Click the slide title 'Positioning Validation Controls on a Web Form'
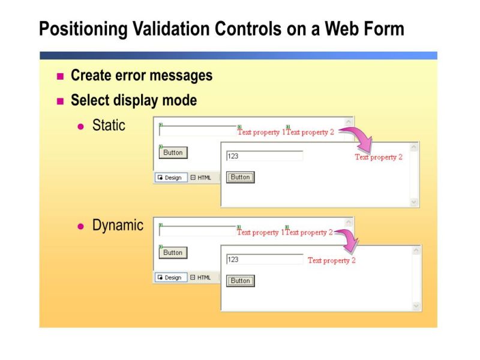(x=221, y=28)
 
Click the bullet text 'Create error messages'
(x=142, y=76)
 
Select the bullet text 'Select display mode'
(x=134, y=100)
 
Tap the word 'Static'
(x=109, y=125)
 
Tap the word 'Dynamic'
(x=118, y=226)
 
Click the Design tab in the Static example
(x=170, y=178)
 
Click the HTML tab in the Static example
(x=201, y=178)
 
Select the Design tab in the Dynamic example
(x=170, y=278)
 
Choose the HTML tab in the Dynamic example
(x=201, y=278)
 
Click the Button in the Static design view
(x=173, y=152)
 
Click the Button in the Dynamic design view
(x=173, y=253)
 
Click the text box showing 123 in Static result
(x=264, y=156)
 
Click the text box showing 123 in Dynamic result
(x=264, y=260)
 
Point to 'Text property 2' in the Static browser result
(x=379, y=157)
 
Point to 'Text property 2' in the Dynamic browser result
(x=332, y=261)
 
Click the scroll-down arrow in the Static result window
(x=414, y=202)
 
